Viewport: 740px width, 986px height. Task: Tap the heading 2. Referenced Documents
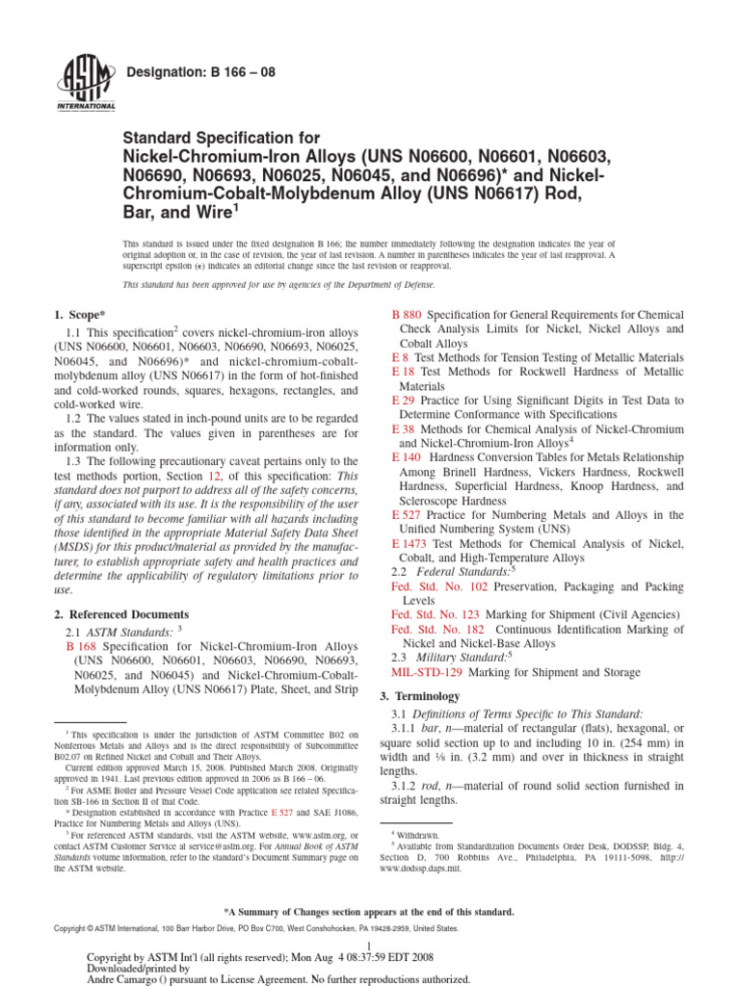click(x=121, y=613)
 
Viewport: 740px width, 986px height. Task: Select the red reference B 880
click(x=407, y=315)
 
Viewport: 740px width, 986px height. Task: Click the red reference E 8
click(x=400, y=357)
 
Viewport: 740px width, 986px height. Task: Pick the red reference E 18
click(x=403, y=371)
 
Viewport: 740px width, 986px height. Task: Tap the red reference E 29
click(x=403, y=400)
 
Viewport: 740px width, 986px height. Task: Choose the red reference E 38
click(x=403, y=428)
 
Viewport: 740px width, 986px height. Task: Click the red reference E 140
click(x=407, y=457)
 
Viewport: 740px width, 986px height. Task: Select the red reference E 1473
click(x=410, y=543)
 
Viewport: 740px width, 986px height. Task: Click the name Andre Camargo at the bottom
click(x=125, y=979)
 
